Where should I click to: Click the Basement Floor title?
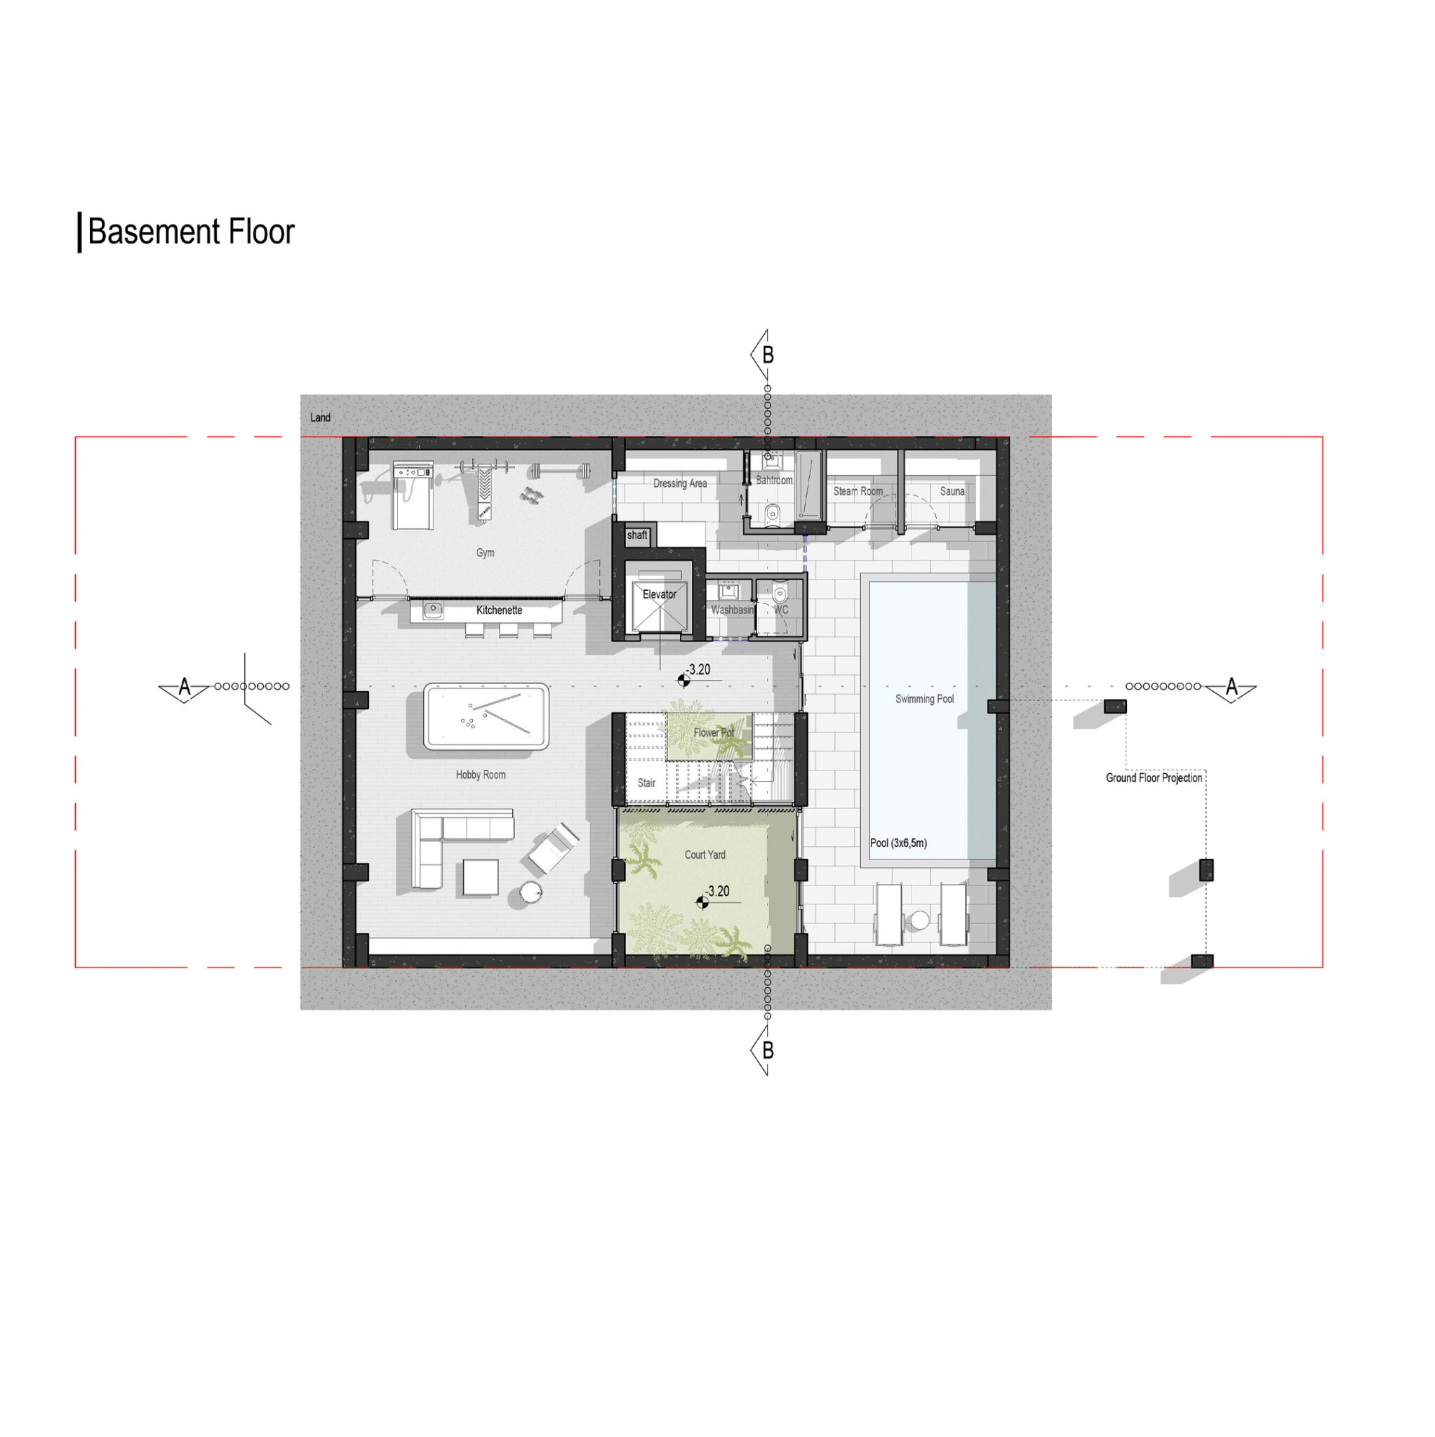(191, 232)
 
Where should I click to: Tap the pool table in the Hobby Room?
(486, 716)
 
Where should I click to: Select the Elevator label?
(659, 594)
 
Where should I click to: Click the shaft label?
(636, 535)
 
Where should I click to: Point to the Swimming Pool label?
(924, 698)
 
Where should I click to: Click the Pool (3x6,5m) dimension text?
(898, 843)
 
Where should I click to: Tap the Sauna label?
(952, 491)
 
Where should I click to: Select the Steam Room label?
(857, 491)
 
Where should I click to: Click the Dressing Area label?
(680, 483)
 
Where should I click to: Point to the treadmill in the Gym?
(412, 495)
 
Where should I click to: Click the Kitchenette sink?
(433, 610)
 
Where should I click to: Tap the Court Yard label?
(705, 855)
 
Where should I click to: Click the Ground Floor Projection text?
(1153, 778)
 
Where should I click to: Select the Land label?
(320, 417)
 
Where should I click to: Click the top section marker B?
(765, 355)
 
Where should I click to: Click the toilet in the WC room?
(780, 593)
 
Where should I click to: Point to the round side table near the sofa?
(530, 893)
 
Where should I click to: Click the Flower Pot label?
(713, 733)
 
